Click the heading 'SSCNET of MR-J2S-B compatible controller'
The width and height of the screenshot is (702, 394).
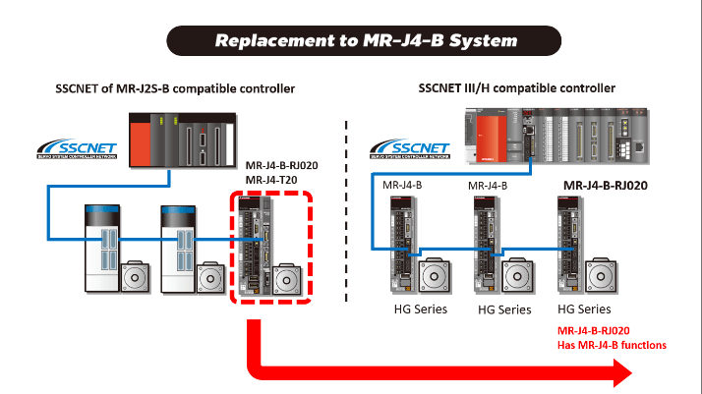(x=176, y=89)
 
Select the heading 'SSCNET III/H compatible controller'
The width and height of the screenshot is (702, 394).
(x=517, y=88)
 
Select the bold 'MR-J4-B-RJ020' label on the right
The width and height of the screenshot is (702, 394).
(x=612, y=184)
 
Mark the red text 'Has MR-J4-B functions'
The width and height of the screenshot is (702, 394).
(x=612, y=345)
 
